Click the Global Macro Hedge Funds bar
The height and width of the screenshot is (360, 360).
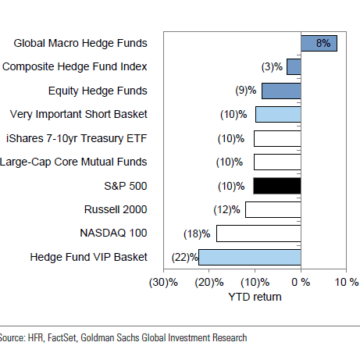pyautogui.click(x=319, y=44)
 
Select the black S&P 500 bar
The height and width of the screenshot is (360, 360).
pyautogui.click(x=277, y=186)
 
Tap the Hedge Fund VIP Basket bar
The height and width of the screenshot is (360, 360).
pyautogui.click(x=249, y=257)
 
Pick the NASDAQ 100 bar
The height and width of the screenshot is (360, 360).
pyautogui.click(x=258, y=233)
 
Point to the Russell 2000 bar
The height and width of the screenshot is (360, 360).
pyautogui.click(x=273, y=209)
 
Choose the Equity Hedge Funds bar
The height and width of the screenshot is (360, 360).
pyautogui.click(x=281, y=91)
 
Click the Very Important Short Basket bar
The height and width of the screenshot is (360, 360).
pyautogui.click(x=278, y=115)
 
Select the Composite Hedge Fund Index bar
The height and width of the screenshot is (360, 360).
pyautogui.click(x=294, y=67)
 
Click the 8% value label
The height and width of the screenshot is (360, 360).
pyautogui.click(x=323, y=44)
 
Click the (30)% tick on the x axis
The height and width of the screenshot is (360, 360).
pyautogui.click(x=164, y=281)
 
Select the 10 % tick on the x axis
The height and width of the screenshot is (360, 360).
pyautogui.click(x=347, y=281)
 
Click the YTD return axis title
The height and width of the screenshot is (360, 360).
pyautogui.click(x=255, y=297)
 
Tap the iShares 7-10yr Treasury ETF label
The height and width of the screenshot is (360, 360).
pyautogui.click(x=76, y=138)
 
